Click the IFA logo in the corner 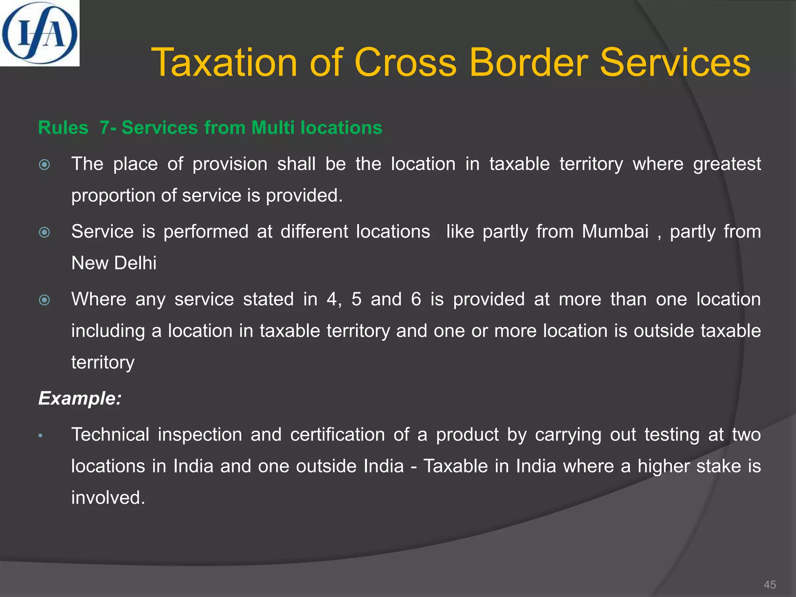(39, 33)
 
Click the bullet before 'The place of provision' (45, 165)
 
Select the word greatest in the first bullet (727, 164)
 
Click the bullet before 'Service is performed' (45, 232)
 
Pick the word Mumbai (615, 232)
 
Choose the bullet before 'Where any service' (45, 300)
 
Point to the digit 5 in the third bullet (356, 299)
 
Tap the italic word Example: (80, 398)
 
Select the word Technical (110, 435)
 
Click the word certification (337, 435)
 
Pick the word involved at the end (108, 497)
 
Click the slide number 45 (770, 585)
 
